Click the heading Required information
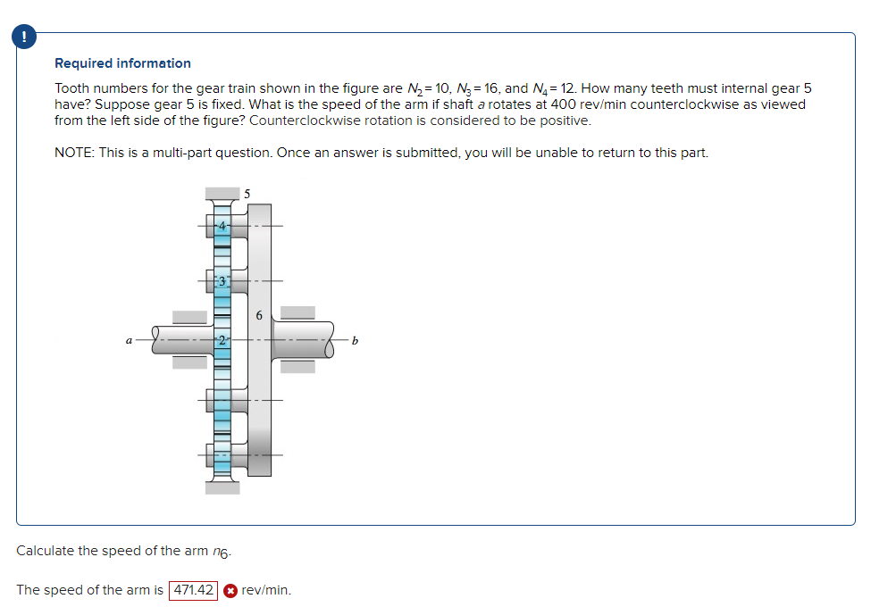click(122, 63)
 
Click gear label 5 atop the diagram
click(247, 192)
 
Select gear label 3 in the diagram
click(222, 281)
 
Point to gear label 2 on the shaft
click(222, 340)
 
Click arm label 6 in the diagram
click(258, 314)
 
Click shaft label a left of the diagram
click(130, 340)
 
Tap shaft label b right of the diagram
click(355, 340)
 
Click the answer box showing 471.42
click(193, 590)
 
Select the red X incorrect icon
click(230, 590)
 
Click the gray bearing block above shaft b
click(297, 312)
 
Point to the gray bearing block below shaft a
click(189, 362)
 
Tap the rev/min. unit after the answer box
click(266, 590)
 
